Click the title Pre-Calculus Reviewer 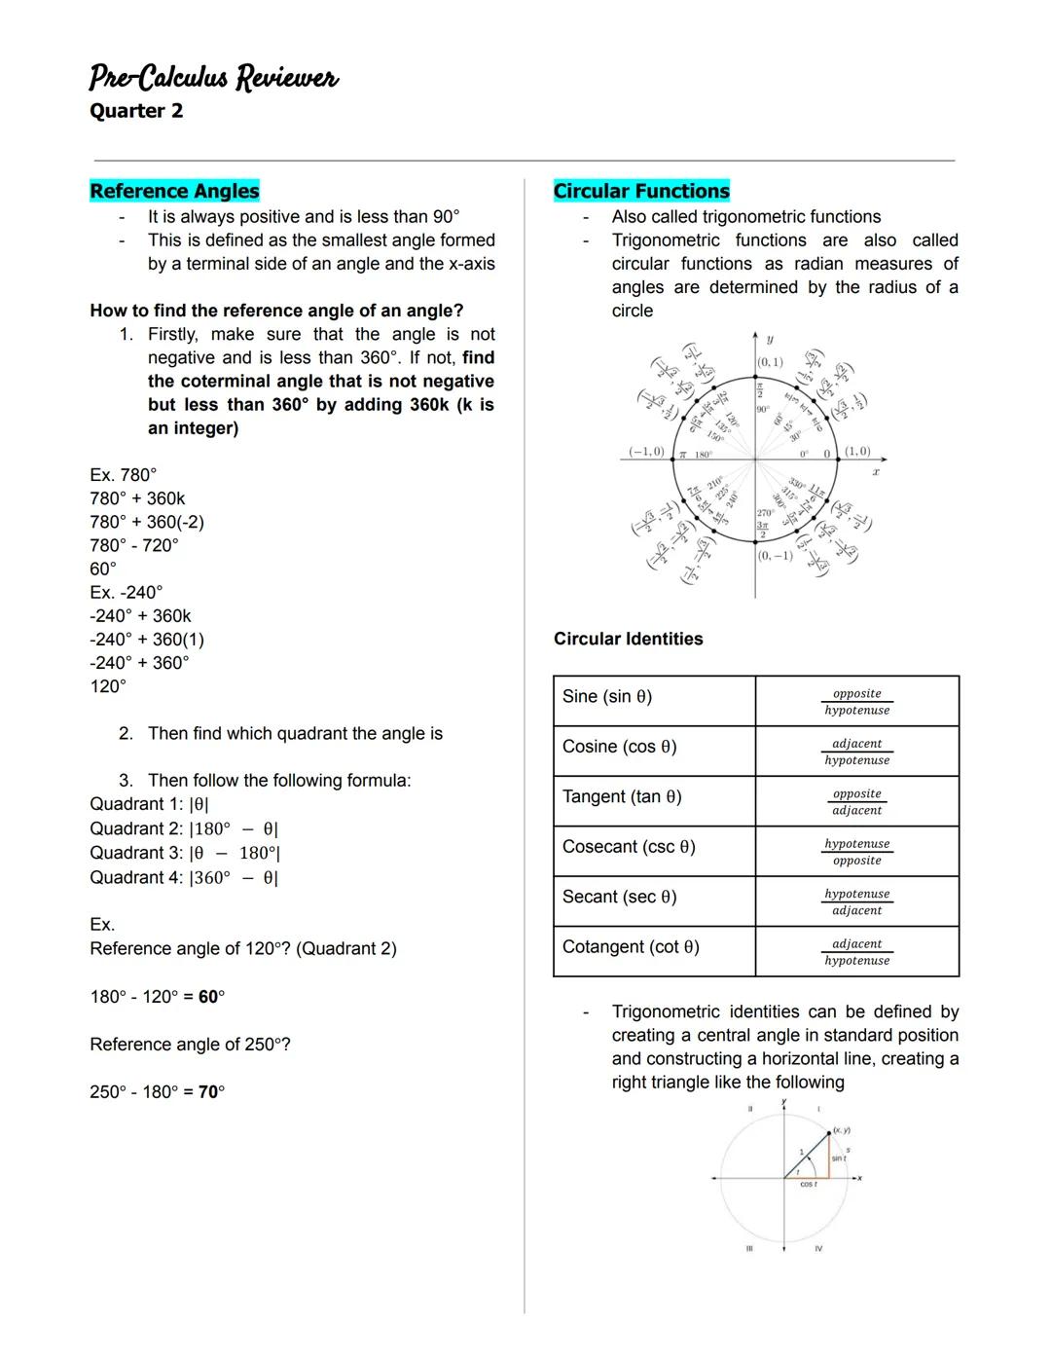point(213,77)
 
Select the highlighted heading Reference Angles point(174,191)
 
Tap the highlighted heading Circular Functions point(641,191)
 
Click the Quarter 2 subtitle point(136,111)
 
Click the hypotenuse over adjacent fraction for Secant point(856,901)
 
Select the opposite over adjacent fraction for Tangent point(856,801)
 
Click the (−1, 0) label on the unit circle point(646,452)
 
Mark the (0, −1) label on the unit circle point(775,556)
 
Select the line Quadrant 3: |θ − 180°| point(185,853)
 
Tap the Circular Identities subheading point(628,639)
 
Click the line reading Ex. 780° point(124,475)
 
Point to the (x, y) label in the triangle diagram point(841,1130)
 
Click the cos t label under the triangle point(808,1185)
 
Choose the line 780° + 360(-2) point(147,522)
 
